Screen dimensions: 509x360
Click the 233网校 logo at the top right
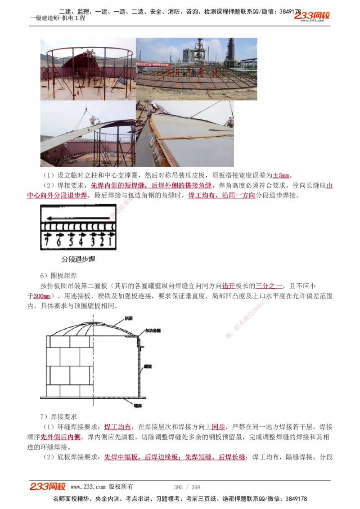[312, 16]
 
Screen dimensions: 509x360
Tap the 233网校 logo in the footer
[48, 487]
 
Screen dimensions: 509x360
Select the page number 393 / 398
[187, 487]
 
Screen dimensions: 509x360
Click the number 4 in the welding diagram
[81, 242]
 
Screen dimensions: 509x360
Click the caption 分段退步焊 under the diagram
[78, 259]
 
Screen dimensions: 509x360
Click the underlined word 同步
[218, 427]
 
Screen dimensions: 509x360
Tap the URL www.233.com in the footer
[88, 487]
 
